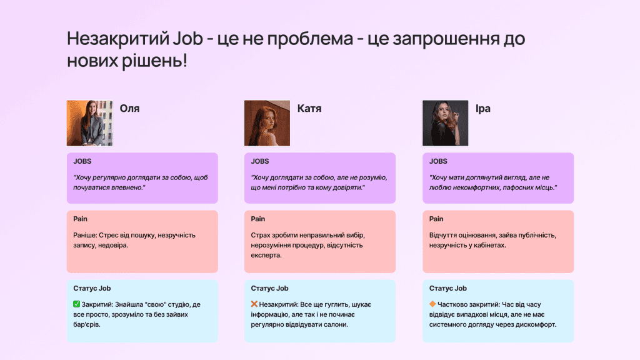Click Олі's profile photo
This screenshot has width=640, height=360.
(89, 123)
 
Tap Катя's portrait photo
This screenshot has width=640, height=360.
(267, 123)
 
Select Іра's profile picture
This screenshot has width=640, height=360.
(445, 123)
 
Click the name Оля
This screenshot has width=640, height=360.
(129, 109)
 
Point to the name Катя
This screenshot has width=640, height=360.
(309, 109)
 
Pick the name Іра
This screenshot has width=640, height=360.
(483, 109)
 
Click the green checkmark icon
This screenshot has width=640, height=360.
(76, 304)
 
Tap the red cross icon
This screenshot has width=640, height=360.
(254, 304)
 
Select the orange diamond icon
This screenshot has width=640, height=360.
(432, 304)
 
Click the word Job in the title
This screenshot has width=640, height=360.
(186, 39)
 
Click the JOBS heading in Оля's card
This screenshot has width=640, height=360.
(82, 161)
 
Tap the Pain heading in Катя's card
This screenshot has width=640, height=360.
(258, 219)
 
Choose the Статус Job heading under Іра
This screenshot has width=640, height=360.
(448, 288)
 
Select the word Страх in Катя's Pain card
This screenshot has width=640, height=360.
(262, 235)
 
